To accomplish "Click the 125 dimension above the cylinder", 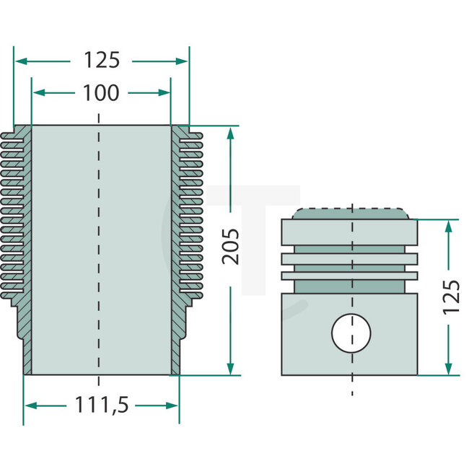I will pos(101,61).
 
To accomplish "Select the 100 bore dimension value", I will pos(102,93).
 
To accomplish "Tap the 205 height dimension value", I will pos(231,246).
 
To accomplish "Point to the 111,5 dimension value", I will pos(102,406).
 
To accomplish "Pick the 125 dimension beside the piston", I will pos(450,297).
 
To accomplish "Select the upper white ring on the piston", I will pos(350,258).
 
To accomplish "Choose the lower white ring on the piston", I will pos(350,275).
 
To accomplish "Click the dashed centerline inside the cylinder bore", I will pos(99,253).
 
